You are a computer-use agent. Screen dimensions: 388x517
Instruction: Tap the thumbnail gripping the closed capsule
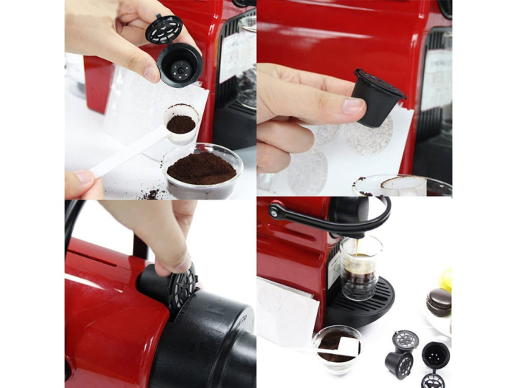353,105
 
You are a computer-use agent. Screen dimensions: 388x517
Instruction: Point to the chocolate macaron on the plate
438,302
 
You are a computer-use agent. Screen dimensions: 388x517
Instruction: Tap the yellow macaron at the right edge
445,279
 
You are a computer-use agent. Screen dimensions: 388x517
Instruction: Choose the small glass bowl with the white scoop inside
338,347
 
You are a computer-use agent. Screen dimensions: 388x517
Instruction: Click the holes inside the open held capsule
179,67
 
